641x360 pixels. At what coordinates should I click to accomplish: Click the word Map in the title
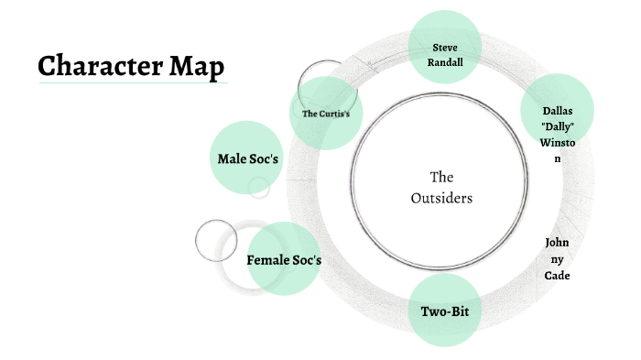pyautogui.click(x=197, y=67)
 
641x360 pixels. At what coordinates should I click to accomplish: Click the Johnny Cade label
pyautogui.click(x=557, y=259)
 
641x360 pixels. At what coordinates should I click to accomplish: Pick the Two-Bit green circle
pyautogui.click(x=444, y=311)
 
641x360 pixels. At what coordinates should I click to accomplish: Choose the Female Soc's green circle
pyautogui.click(x=284, y=260)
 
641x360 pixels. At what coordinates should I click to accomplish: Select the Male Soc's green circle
pyautogui.click(x=246, y=158)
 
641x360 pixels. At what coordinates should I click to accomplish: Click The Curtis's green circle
pyautogui.click(x=325, y=114)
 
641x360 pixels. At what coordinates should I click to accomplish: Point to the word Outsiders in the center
pyautogui.click(x=442, y=198)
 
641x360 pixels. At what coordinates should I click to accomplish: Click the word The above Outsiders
pyautogui.click(x=442, y=177)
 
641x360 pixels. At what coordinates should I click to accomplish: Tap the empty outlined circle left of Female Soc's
pyautogui.click(x=216, y=240)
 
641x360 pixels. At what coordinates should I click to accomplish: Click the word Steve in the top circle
pyautogui.click(x=443, y=46)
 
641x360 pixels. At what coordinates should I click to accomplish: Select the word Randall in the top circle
pyautogui.click(x=443, y=63)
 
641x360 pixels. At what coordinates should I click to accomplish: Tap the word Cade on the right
pyautogui.click(x=557, y=276)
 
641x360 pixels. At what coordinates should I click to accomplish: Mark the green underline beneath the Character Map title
pyautogui.click(x=133, y=83)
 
